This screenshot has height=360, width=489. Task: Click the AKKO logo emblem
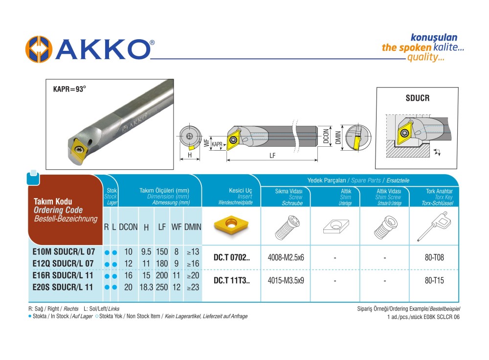39,50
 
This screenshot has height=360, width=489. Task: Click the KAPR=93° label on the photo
69,89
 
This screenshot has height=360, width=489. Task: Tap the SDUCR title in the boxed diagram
418,98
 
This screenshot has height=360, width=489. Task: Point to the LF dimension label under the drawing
271,156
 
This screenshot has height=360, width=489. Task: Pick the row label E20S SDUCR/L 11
64,287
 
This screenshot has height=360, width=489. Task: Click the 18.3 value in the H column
146,287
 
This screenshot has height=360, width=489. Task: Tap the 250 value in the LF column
162,287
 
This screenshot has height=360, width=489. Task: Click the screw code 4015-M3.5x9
286,281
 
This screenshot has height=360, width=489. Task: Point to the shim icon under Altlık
335,226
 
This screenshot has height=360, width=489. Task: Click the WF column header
176,227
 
